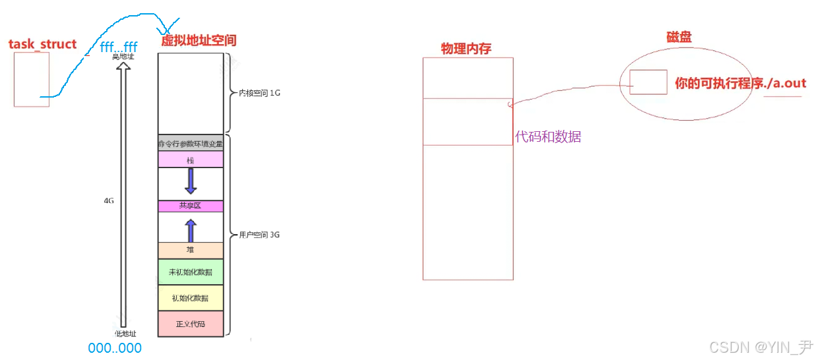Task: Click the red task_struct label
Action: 42,44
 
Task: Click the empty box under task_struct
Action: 31,79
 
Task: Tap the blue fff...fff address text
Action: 119,47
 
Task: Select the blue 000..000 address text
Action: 115,347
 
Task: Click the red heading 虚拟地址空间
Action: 199,40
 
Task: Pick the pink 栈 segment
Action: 191,160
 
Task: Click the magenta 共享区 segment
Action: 191,206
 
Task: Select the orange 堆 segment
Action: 191,250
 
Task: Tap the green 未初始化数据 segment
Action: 191,272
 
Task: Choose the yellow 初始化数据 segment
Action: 191,298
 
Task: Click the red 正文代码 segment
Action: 191,324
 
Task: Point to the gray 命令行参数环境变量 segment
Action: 191,143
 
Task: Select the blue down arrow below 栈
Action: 191,181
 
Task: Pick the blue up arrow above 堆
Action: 191,230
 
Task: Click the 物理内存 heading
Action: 466,49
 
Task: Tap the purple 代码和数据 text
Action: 548,137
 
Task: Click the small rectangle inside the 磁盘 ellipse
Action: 647,82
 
